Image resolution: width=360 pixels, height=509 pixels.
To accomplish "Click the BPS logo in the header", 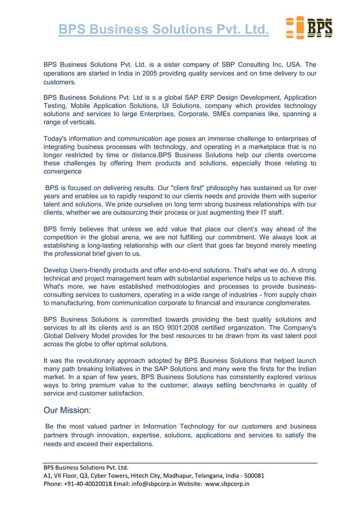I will click(x=309, y=28).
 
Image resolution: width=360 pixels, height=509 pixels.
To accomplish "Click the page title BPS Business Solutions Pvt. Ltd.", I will click(x=164, y=29).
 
